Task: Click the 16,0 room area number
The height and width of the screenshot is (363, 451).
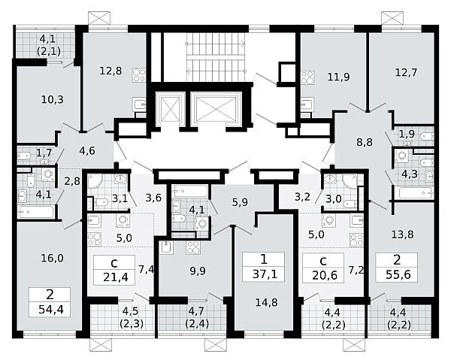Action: coord(52,259)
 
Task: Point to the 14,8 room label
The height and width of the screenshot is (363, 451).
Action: coord(267,302)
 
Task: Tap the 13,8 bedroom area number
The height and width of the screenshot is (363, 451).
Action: coord(402,234)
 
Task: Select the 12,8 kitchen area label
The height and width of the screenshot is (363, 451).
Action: coord(110,71)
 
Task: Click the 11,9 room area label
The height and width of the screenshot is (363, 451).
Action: coord(338,77)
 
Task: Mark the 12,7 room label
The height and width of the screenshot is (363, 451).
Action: coord(406,72)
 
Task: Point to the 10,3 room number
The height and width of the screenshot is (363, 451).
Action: coord(52,100)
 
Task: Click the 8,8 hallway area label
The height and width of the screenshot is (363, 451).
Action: coord(365,142)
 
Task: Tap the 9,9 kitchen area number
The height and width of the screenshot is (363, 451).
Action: coord(198,271)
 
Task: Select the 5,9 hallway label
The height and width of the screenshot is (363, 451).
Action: coord(240,202)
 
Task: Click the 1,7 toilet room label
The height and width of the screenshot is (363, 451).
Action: coord(44,153)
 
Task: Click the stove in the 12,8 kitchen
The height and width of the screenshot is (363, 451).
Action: coord(139,75)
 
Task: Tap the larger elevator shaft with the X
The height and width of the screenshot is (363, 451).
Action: coord(216,107)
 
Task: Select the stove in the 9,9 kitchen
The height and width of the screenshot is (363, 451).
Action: coord(193,247)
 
